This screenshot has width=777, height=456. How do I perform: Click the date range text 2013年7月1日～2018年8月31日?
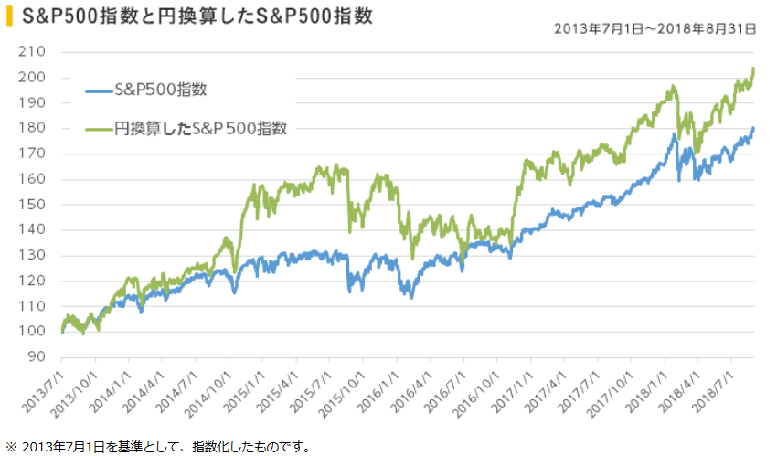pyautogui.click(x=655, y=29)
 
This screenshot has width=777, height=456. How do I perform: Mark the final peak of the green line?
pyautogui.click(x=752, y=69)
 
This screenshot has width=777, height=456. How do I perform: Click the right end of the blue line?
pyautogui.click(x=753, y=128)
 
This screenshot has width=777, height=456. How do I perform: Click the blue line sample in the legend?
pyautogui.click(x=99, y=90)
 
